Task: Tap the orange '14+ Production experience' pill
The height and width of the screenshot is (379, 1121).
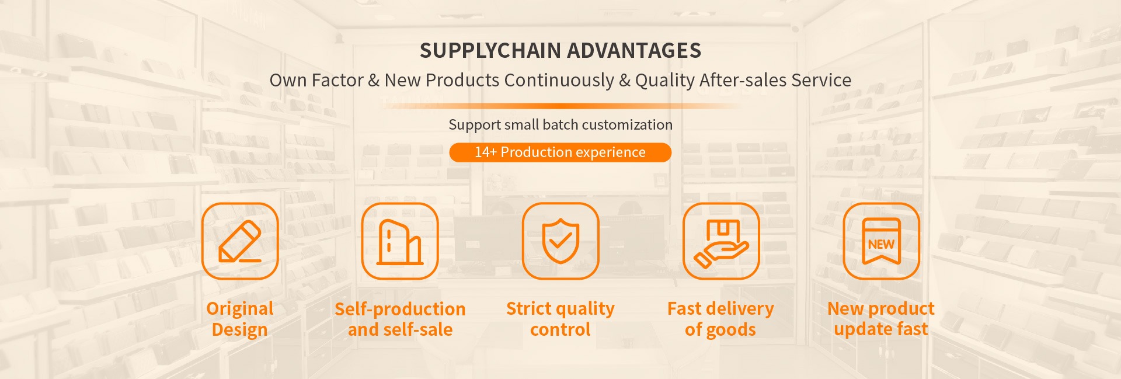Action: pyautogui.click(x=560, y=152)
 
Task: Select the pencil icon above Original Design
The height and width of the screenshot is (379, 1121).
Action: pyautogui.click(x=240, y=241)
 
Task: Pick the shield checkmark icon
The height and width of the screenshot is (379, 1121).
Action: pyautogui.click(x=560, y=241)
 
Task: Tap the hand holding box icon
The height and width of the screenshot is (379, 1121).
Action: pyautogui.click(x=721, y=241)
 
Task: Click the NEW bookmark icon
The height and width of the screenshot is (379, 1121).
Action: pyautogui.click(x=881, y=241)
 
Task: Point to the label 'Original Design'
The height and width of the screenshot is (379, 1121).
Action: pyautogui.click(x=240, y=319)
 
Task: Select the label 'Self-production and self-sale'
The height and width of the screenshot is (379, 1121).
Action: pyautogui.click(x=400, y=319)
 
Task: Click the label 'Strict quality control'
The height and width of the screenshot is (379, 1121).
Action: pyautogui.click(x=560, y=319)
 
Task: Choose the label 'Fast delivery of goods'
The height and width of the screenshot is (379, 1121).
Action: pyautogui.click(x=720, y=319)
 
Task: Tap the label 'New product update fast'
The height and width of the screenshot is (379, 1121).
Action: pyautogui.click(x=881, y=319)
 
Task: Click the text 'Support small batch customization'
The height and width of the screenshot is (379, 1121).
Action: pyautogui.click(x=560, y=124)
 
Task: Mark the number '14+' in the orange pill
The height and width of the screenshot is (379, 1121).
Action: pyautogui.click(x=485, y=152)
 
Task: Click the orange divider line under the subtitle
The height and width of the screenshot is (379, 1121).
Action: pyautogui.click(x=560, y=106)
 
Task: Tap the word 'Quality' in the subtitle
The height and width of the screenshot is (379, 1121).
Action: pyautogui.click(x=665, y=81)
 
